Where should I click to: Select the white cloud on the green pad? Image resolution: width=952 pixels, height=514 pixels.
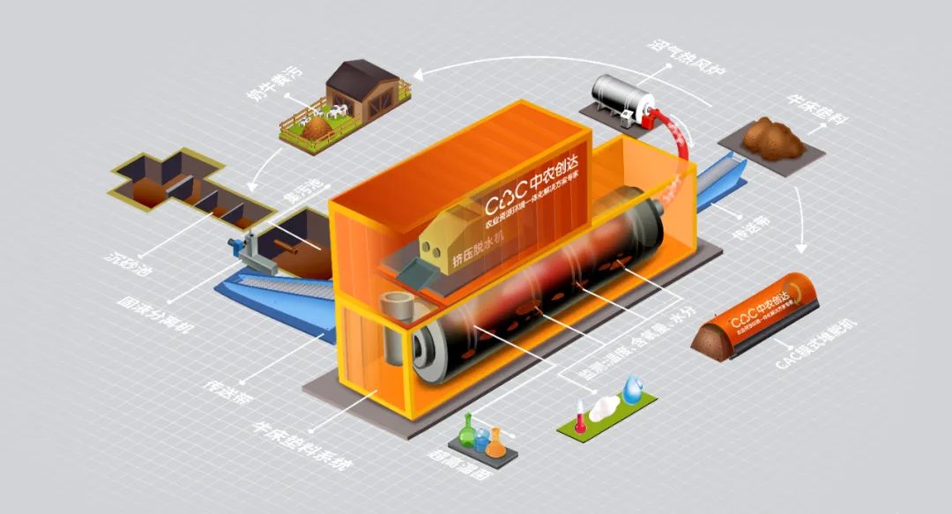coord(606,406)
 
